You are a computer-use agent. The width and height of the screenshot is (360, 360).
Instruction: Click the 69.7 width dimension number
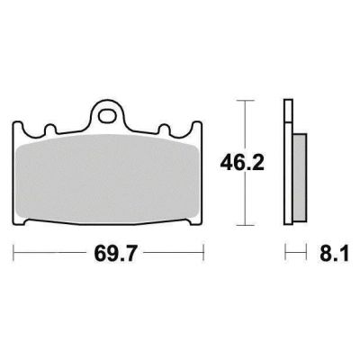click(x=115, y=254)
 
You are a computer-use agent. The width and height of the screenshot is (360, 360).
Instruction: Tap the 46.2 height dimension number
click(x=242, y=163)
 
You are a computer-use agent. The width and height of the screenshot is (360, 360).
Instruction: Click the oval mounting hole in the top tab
click(x=107, y=116)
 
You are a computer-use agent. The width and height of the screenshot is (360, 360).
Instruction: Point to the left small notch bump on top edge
click(x=50, y=130)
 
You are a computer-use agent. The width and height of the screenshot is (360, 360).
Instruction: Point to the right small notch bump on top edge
click(x=164, y=130)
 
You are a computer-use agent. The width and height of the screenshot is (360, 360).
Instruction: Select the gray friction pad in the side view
click(x=300, y=177)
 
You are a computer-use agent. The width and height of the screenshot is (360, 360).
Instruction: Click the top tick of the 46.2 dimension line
click(x=246, y=101)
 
